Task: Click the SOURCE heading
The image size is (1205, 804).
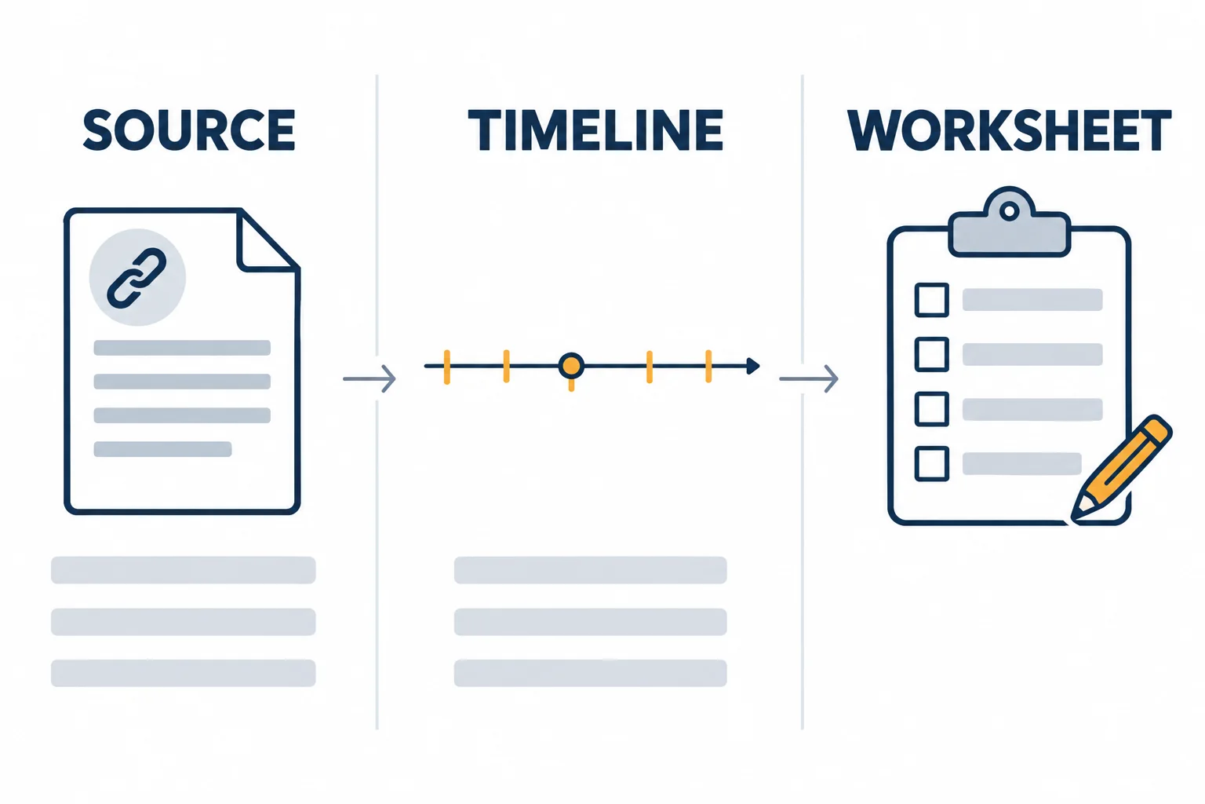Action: pyautogui.click(x=189, y=130)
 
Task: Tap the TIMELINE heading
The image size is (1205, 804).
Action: pyautogui.click(x=595, y=130)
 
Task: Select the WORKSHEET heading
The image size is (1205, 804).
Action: pyautogui.click(x=1009, y=130)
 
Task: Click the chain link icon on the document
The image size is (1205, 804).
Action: pyautogui.click(x=137, y=277)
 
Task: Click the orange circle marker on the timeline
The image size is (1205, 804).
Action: pyautogui.click(x=571, y=366)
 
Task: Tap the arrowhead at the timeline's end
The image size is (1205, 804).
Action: pyautogui.click(x=753, y=366)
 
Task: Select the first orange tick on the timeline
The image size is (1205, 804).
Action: pyautogui.click(x=446, y=367)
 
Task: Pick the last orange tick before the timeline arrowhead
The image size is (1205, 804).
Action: pyautogui.click(x=708, y=366)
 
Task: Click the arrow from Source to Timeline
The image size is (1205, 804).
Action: pyautogui.click(x=370, y=378)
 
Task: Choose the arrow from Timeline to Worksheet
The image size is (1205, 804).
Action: pyautogui.click(x=809, y=378)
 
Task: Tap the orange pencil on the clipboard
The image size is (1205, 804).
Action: pyautogui.click(x=1121, y=467)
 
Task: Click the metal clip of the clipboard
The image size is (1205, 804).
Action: pyautogui.click(x=1009, y=223)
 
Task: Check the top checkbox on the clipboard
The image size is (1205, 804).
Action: pyautogui.click(x=932, y=299)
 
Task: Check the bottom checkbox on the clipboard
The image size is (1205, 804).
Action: pyautogui.click(x=932, y=463)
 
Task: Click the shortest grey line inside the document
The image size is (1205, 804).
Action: pyautogui.click(x=162, y=449)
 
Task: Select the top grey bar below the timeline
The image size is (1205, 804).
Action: pyautogui.click(x=590, y=570)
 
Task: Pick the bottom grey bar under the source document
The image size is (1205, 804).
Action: pyautogui.click(x=183, y=673)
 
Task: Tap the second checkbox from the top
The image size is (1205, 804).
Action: pyautogui.click(x=932, y=354)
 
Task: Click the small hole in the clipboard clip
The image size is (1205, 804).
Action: pyautogui.click(x=1009, y=211)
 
